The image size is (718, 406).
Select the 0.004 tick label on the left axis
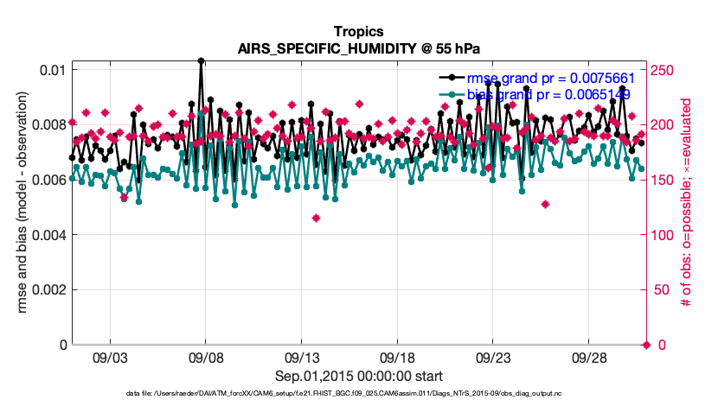pyautogui.click(x=48, y=235)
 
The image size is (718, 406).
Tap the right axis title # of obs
pyautogui.click(x=686, y=207)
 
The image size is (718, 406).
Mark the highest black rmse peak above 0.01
pyautogui.click(x=201, y=60)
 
